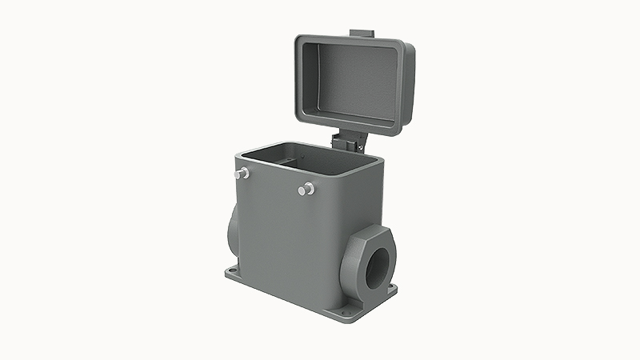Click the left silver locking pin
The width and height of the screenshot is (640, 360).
point(242,173)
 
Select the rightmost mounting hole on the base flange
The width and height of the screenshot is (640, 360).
point(391,286)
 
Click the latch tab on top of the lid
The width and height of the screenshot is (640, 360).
point(362,33)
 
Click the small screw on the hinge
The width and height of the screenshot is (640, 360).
point(359,146)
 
